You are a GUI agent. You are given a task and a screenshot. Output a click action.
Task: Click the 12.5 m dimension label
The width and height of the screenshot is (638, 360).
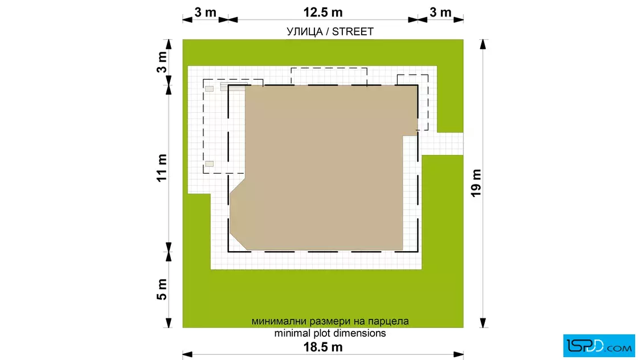point(322,12)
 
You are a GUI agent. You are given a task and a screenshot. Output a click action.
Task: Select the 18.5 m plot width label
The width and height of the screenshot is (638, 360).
point(322,347)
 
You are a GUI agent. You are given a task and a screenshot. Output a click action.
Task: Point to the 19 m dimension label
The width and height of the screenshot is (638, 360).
point(476,183)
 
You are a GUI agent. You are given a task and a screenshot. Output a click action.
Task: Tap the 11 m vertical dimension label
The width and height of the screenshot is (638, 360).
point(162,167)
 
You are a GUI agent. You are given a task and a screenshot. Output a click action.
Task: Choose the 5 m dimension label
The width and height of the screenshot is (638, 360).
point(162,289)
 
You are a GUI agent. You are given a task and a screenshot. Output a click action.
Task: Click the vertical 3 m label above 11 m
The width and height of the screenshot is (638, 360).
point(162,62)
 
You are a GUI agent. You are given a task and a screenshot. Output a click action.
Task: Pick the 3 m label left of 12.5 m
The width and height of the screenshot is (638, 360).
point(205,12)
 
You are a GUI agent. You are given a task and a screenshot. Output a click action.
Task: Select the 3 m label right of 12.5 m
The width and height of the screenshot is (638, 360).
point(440,12)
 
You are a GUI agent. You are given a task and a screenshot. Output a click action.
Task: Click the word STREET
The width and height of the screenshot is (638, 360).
point(353,32)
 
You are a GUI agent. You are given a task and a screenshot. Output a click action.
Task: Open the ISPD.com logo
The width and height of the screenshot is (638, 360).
point(599,345)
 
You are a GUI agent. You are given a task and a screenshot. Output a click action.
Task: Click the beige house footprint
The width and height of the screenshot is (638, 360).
point(325,167)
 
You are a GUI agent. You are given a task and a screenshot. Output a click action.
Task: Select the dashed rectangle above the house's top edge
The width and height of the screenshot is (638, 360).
point(329,68)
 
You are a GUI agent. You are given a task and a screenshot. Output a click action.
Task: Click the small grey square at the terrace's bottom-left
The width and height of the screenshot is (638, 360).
point(209,163)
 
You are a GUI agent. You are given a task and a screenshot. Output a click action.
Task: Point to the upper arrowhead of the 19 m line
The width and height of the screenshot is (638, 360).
point(482,44)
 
